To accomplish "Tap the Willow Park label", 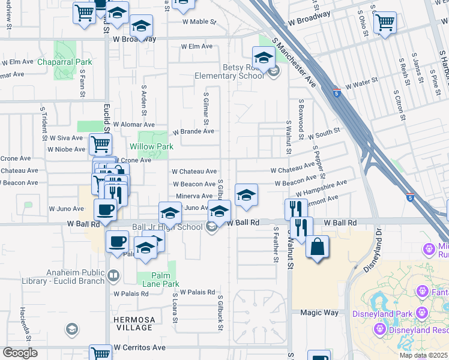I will (151, 146).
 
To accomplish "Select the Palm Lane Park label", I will (157, 284).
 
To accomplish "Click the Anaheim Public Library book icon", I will (113, 276).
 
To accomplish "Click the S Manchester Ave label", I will (294, 61).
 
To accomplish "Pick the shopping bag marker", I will (317, 247).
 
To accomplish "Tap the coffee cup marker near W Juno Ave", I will (106, 210).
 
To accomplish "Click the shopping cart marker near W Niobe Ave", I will (100, 144).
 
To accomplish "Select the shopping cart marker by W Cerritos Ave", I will (100, 353).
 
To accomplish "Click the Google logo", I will (20, 353).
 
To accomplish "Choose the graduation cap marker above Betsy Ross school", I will (263, 58).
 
